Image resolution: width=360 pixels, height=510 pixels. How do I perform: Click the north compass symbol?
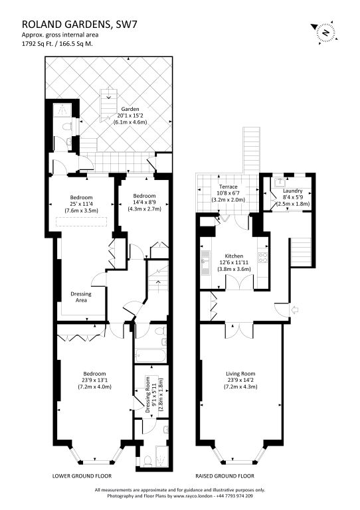coord(324,32)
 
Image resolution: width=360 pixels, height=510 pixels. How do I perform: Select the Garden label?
coord(130,109)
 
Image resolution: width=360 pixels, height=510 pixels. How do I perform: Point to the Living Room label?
coord(240,374)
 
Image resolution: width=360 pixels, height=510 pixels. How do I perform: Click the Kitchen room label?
coord(234,256)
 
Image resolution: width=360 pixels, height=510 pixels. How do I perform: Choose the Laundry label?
coord(293,191)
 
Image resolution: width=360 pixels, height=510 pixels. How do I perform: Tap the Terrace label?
coord(228,187)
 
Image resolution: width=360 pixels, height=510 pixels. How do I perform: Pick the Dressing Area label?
coord(81,297)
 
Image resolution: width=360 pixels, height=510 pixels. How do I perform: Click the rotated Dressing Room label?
coord(148,394)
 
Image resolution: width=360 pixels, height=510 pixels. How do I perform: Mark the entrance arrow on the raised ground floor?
coord(295,309)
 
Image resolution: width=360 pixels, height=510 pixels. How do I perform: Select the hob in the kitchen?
coord(263,257)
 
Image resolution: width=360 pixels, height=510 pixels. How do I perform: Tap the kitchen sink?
coord(205,263)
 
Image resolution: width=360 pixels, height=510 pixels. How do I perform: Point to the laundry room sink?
coord(280,183)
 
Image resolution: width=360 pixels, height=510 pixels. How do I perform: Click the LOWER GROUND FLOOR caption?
coord(82,476)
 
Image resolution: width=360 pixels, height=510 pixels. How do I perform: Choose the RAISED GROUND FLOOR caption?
coord(225,476)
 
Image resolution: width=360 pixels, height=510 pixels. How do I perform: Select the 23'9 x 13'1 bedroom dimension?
coord(94,381)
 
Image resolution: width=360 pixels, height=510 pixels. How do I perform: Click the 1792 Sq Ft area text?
coord(36,44)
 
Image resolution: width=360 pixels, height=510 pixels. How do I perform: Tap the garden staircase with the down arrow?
coord(108,104)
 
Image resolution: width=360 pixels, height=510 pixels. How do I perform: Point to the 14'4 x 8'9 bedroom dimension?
coord(144,203)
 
